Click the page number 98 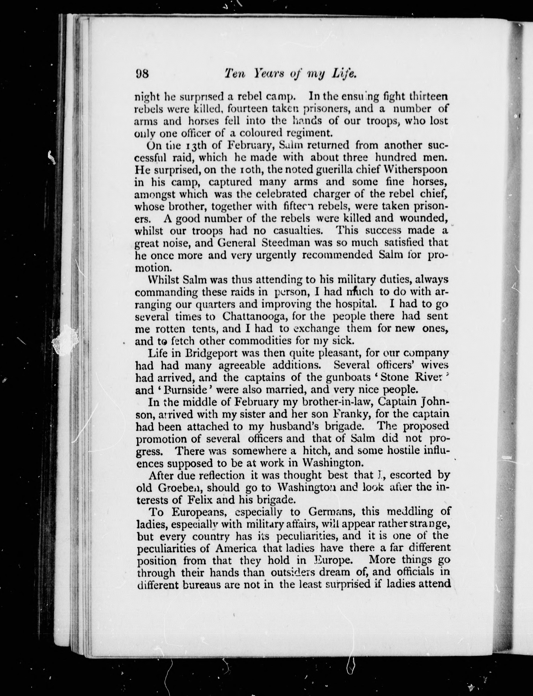pos(142,74)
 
